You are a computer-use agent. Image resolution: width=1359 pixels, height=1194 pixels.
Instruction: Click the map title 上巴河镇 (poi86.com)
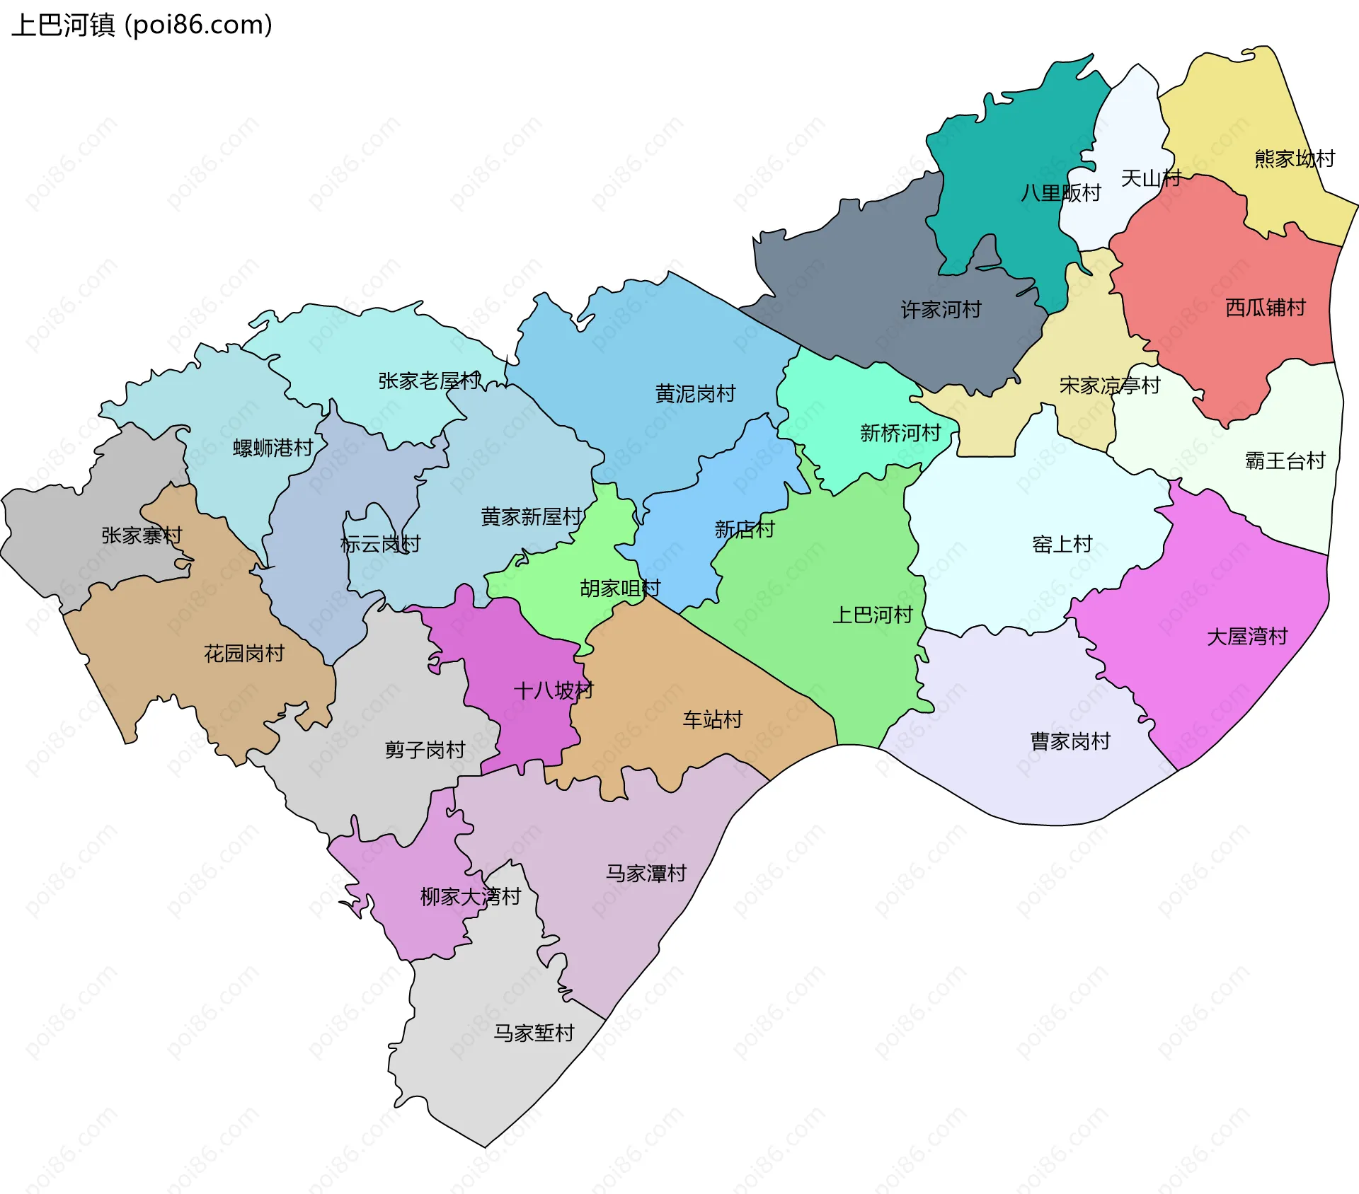(142, 25)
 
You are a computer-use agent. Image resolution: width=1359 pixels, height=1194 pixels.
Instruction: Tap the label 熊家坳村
(1294, 158)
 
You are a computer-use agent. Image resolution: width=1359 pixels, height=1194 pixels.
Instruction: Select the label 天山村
(1151, 178)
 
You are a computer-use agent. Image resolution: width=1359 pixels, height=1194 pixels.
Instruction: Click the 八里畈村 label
(1060, 193)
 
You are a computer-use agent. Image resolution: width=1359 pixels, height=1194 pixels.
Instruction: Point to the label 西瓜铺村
(1265, 308)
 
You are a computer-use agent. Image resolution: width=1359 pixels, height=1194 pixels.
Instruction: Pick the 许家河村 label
(941, 310)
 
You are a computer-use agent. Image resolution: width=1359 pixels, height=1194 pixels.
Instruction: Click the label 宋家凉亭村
(1109, 386)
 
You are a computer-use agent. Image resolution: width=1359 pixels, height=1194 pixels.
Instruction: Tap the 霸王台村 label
(1285, 461)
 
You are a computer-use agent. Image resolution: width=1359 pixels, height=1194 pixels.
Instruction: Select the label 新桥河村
(900, 433)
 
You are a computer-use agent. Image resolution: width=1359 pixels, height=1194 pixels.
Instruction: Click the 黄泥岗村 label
(695, 394)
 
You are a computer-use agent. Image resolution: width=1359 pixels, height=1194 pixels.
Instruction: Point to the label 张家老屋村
(429, 381)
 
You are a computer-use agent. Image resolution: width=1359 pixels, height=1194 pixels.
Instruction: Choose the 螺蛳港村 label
(273, 448)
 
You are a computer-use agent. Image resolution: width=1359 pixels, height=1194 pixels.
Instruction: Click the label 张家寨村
(142, 535)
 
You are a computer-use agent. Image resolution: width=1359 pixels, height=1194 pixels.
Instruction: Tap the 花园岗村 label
(243, 654)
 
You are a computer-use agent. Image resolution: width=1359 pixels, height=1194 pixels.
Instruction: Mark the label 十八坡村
(553, 690)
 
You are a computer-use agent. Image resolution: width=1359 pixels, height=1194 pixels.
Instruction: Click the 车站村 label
(712, 720)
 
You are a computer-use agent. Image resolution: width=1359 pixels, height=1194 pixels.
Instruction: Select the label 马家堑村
(534, 1033)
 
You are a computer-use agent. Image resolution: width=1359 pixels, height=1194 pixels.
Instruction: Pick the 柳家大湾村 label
(470, 897)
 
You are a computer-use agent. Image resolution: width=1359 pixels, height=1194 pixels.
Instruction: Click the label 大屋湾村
(1246, 637)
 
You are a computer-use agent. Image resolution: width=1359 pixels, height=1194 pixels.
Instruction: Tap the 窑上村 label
(1062, 545)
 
